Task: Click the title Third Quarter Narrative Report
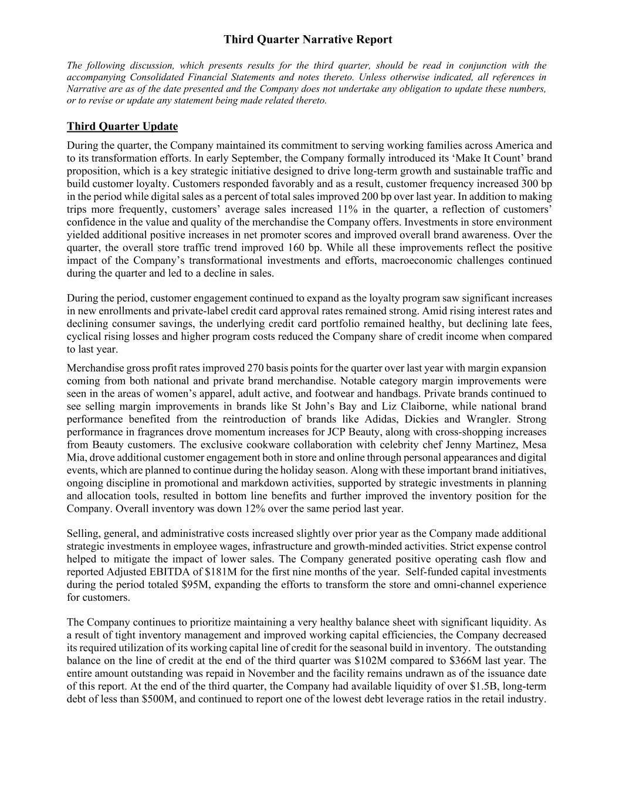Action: pyautogui.click(x=308, y=40)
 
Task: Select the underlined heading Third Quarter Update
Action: pyautogui.click(x=122, y=127)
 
